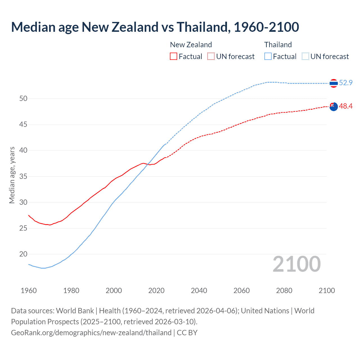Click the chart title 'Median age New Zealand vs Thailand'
click(155, 27)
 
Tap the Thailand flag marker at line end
click(334, 83)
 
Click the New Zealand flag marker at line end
click(334, 107)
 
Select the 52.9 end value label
click(346, 83)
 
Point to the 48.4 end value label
click(346, 106)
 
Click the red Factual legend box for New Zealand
click(174, 57)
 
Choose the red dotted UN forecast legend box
click(211, 57)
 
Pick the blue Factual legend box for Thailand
click(268, 57)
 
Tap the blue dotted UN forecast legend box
click(305, 57)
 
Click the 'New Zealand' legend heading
click(191, 45)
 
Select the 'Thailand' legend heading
click(278, 45)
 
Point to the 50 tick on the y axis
click(23, 98)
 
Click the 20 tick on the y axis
click(23, 254)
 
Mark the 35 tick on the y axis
click(23, 176)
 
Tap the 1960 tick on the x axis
click(29, 291)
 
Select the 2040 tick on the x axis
click(199, 291)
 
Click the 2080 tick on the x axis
click(284, 291)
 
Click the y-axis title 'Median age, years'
click(12, 175)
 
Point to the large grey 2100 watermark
click(296, 264)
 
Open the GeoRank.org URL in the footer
click(91, 333)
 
